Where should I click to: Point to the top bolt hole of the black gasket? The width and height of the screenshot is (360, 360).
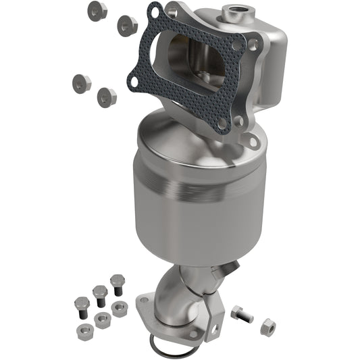(x=156, y=11)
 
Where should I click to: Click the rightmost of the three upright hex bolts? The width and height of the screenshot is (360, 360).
(x=117, y=281)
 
